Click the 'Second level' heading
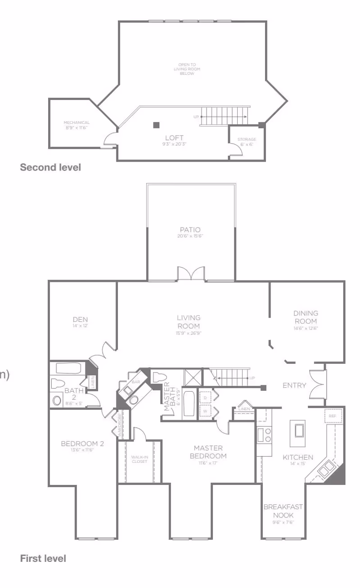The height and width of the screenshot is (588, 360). (50, 167)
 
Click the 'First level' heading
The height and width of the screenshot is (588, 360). (43, 558)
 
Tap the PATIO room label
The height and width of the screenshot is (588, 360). (190, 230)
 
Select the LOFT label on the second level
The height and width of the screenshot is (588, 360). (174, 138)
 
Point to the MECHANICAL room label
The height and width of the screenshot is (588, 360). (76, 122)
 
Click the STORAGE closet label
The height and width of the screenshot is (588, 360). (247, 140)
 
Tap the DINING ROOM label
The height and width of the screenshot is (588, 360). (306, 317)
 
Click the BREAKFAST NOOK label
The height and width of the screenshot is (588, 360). (283, 511)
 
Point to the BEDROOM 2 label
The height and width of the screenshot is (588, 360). (82, 444)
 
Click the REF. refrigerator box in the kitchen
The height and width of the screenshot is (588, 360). (333, 416)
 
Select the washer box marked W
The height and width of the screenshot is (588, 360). (205, 411)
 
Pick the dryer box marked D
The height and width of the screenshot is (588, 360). (205, 398)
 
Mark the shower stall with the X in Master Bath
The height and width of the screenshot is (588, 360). (192, 377)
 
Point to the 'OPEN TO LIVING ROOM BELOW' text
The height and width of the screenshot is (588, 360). (187, 69)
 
